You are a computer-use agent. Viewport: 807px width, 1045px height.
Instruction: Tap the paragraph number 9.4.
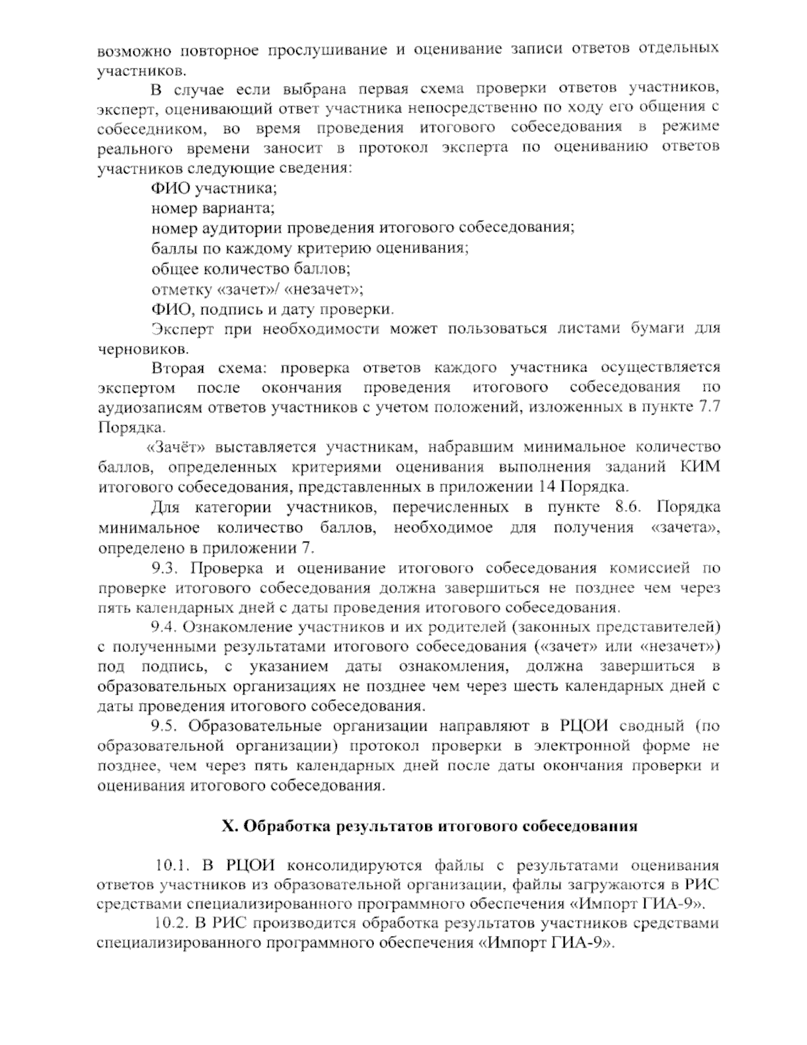164,628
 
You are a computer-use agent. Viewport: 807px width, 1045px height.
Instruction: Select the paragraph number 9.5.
164,726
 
